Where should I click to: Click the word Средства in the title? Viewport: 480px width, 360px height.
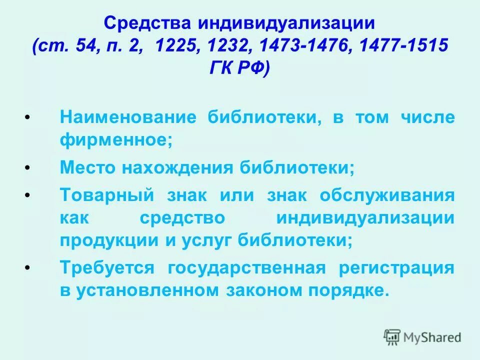coord(148,23)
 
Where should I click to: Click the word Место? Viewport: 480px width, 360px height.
coord(87,167)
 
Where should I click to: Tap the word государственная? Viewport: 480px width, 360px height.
coord(246,267)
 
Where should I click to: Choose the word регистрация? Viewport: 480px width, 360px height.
coord(397,267)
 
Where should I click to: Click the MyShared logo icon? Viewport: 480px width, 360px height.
coord(392,337)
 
